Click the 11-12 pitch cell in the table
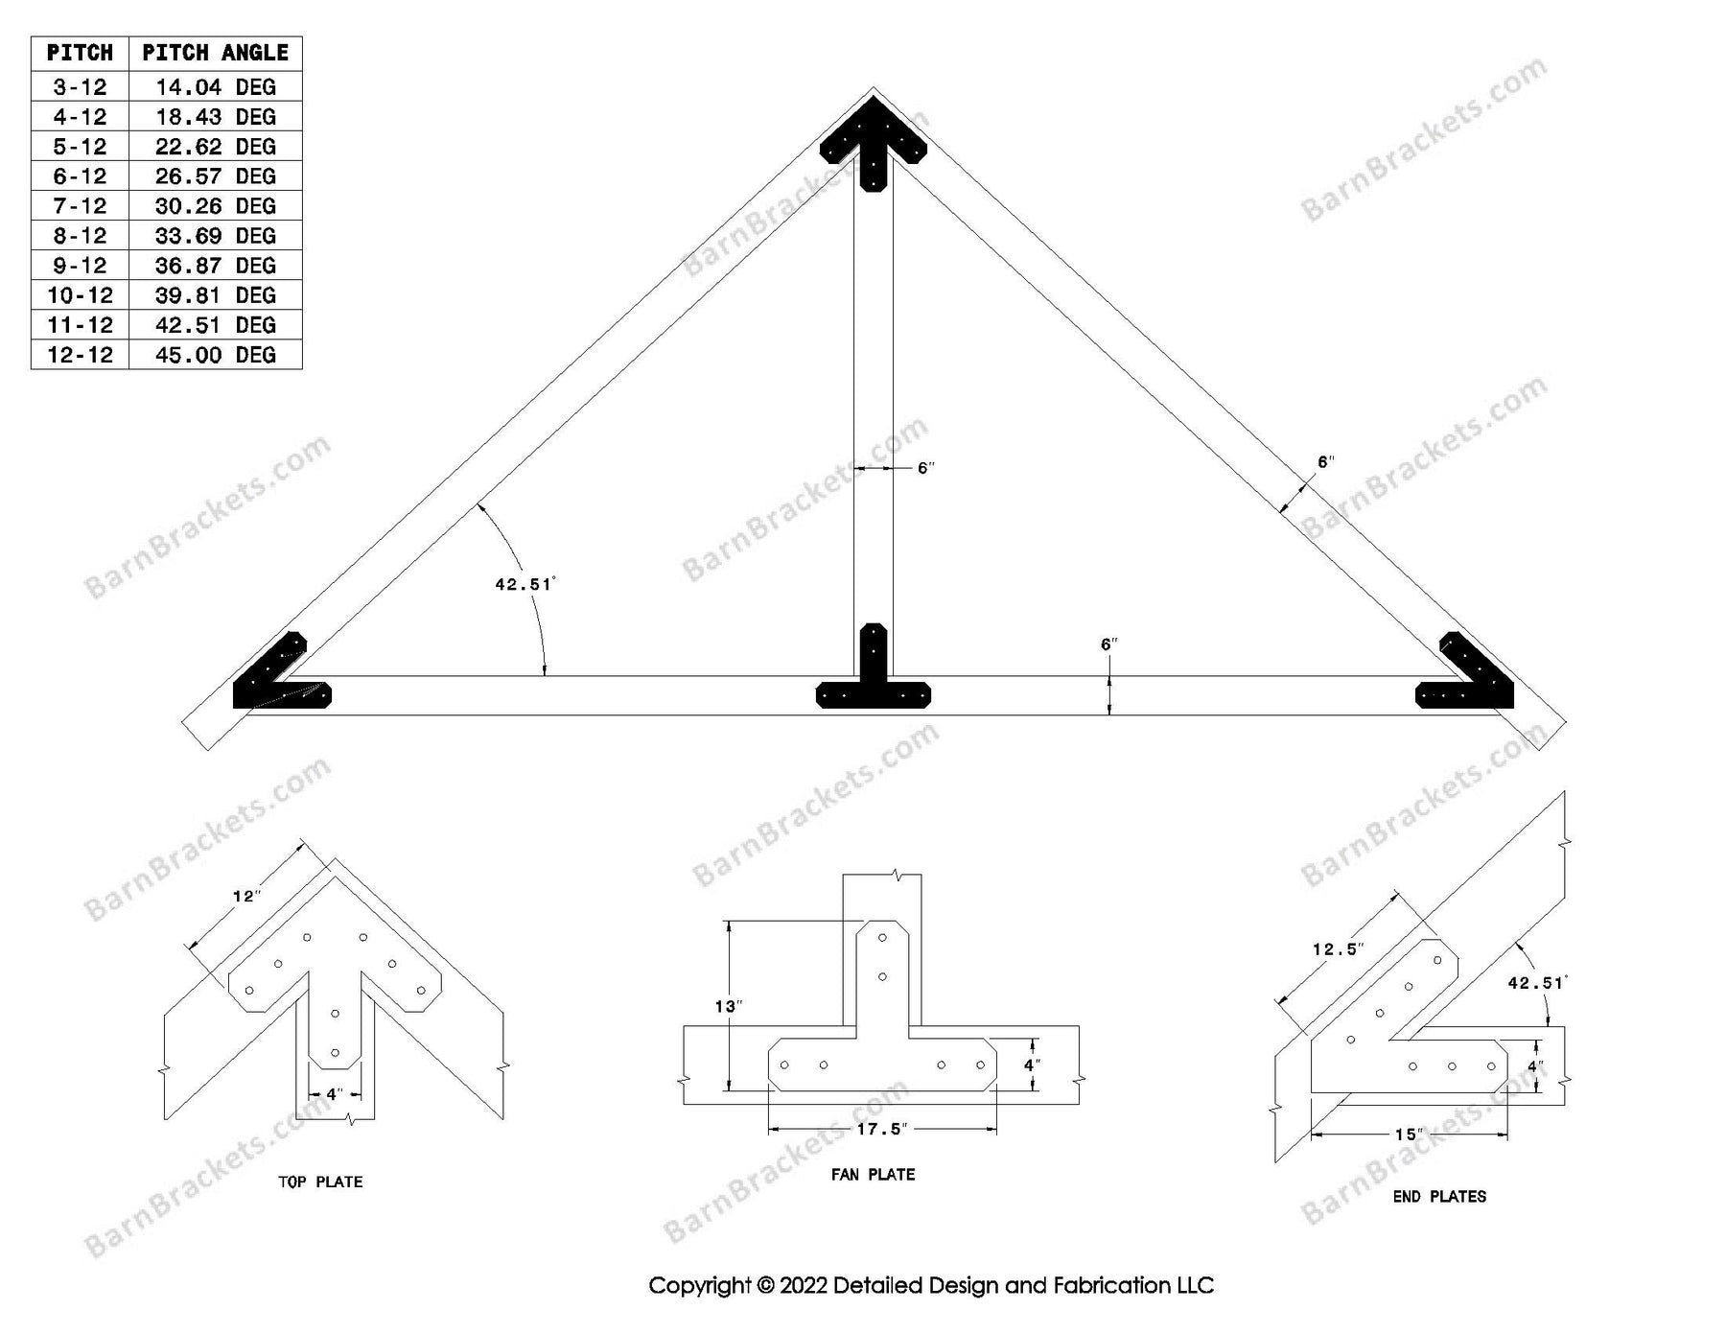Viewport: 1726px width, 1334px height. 80,325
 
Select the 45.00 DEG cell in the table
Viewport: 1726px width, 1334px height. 215,355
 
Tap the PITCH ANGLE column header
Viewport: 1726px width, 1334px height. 215,53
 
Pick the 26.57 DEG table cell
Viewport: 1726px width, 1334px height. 215,176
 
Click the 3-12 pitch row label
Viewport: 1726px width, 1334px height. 80,87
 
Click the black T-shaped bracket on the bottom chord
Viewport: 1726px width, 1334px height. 873,676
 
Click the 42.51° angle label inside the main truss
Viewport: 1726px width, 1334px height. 525,583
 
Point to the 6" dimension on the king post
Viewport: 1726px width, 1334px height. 925,468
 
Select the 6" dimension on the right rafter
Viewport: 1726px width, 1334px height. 1325,462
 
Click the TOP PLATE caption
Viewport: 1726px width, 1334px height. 320,1182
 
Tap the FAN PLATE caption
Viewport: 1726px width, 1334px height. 873,1175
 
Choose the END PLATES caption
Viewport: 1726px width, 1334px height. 1439,1197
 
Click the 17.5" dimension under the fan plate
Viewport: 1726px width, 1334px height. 880,1130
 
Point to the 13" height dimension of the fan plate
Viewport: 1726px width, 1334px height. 728,1006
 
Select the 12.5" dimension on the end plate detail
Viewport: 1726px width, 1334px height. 1338,949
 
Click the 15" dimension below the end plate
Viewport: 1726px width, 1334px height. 1408,1135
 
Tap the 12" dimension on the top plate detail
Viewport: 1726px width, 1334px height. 246,896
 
